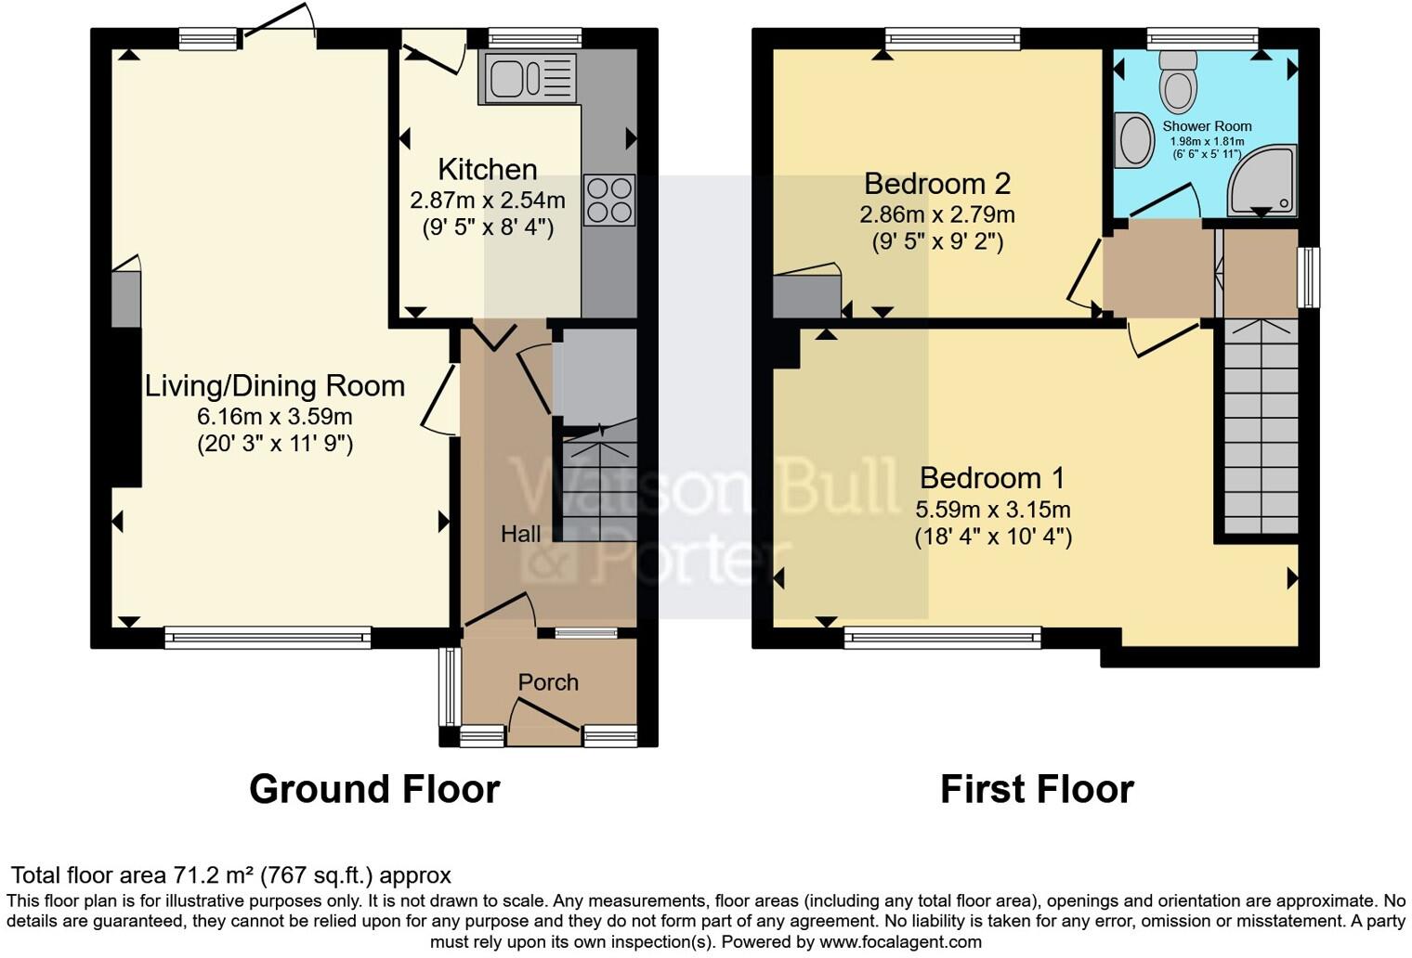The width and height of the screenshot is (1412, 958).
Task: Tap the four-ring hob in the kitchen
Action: [x=609, y=200]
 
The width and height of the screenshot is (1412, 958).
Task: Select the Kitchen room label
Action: [x=487, y=170]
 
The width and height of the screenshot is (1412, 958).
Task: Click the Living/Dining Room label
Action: [x=275, y=386]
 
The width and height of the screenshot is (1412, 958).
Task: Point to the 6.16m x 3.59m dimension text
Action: [x=275, y=416]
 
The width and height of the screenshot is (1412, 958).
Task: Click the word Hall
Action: [x=520, y=535]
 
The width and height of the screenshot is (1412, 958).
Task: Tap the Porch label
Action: [x=548, y=682]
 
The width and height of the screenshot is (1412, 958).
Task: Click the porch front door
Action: [x=544, y=722]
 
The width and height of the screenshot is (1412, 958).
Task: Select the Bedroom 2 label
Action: [x=936, y=184]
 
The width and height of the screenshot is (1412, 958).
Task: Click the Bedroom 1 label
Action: [x=992, y=478]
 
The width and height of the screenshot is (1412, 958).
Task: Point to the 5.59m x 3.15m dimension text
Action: [x=992, y=510]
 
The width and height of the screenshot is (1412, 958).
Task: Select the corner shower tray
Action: [x=1263, y=181]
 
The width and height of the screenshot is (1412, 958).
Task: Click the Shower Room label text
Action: [x=1207, y=126]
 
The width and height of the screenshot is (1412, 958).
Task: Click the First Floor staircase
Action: [x=1261, y=427]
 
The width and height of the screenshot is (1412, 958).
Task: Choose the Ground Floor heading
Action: [x=374, y=789]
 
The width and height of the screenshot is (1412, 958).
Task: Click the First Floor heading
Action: [x=1037, y=789]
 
